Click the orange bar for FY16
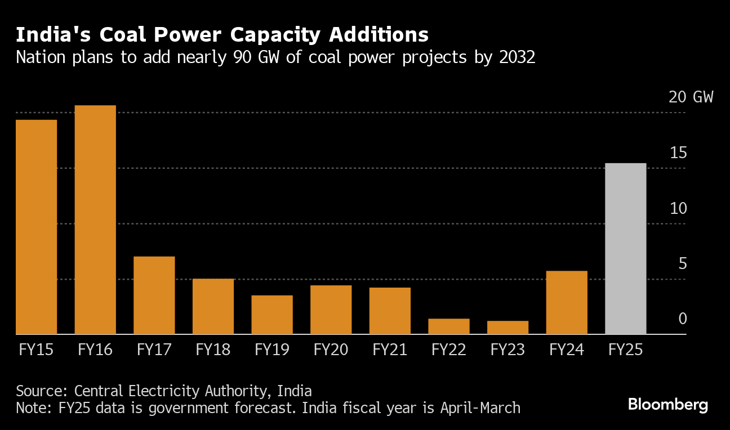(95, 220)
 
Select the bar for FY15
(36, 227)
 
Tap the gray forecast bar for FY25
(625, 249)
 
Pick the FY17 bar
(154, 295)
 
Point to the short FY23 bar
(508, 328)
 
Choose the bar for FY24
(567, 303)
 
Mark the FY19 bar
(272, 315)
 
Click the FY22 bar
(448, 326)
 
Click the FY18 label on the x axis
(213, 350)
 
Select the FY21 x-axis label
(390, 350)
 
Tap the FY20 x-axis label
(331, 350)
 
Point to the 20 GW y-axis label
(691, 97)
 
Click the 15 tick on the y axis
(678, 153)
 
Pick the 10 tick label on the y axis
(678, 208)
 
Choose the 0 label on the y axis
(683, 319)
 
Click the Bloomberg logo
(668, 405)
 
